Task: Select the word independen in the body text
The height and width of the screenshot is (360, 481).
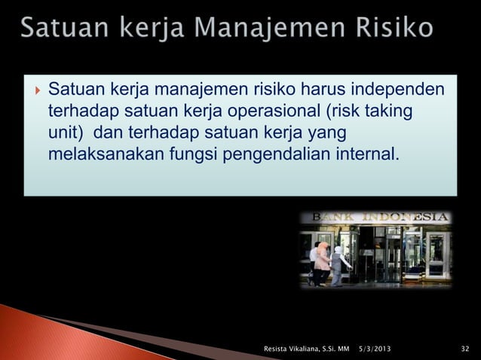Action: coord(394,90)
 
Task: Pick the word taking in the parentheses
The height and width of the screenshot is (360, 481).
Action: coord(389,112)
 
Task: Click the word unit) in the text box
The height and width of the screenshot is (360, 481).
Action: coord(66,134)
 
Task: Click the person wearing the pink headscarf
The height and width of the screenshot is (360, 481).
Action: coord(323,260)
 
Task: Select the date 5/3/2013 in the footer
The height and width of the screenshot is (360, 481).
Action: coord(375,348)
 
